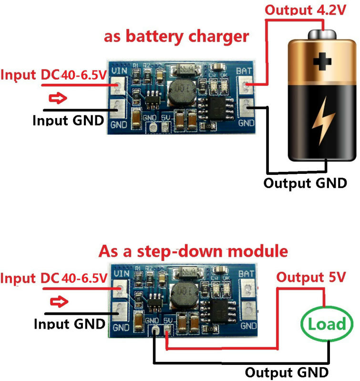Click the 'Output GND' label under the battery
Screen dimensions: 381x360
coord(305,182)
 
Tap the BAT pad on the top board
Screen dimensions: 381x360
coord(247,86)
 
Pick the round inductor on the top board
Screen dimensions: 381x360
coord(181,89)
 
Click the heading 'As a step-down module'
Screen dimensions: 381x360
coord(193,251)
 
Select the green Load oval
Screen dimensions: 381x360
coord(327,324)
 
